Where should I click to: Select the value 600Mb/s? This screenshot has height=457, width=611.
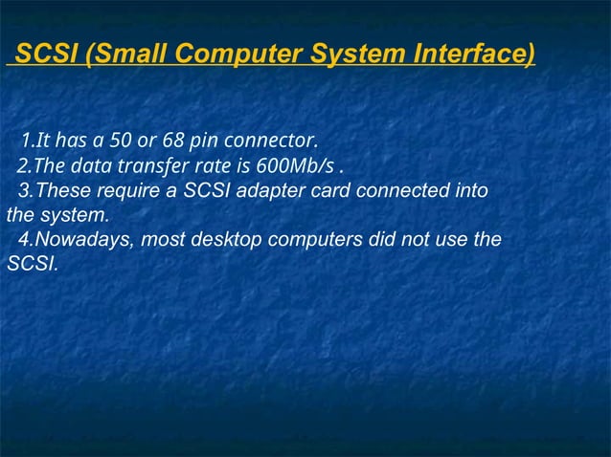pos(290,166)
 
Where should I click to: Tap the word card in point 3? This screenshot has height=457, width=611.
pos(331,190)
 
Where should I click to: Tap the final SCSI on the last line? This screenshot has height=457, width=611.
pos(31,263)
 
